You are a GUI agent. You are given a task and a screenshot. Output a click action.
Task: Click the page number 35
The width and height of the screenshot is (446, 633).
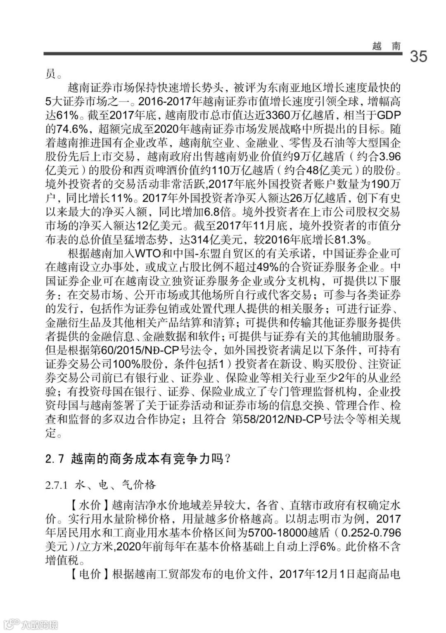(x=418, y=56)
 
